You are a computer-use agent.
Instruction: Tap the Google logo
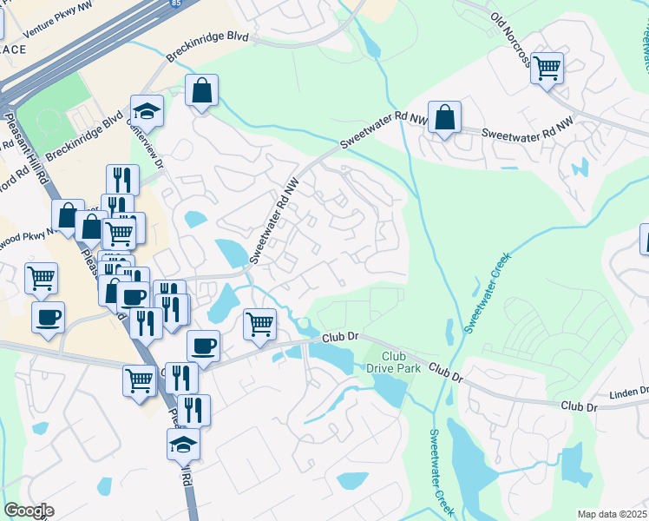click(28, 511)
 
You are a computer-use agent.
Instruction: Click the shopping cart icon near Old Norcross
click(547, 68)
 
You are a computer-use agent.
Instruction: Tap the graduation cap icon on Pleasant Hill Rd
click(183, 444)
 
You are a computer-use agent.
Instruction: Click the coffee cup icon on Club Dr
click(203, 346)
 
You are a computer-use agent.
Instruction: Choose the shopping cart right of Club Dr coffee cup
click(260, 324)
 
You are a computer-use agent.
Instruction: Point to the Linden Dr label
click(628, 391)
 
